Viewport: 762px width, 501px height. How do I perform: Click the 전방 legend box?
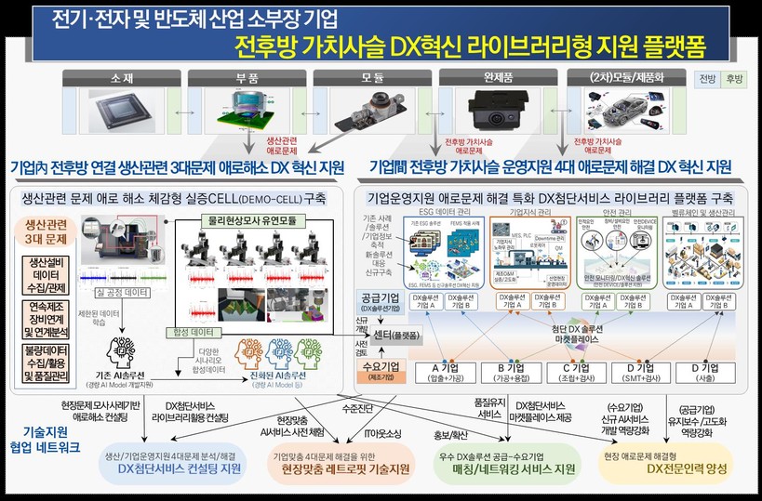point(707,79)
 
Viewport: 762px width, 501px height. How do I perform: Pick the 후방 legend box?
point(733,79)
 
